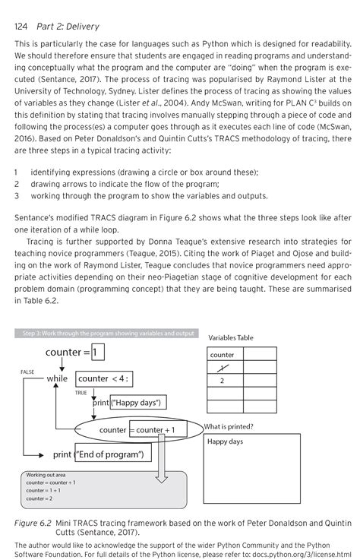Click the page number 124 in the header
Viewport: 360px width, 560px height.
tap(24, 27)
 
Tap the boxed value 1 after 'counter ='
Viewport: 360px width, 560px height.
tap(98, 352)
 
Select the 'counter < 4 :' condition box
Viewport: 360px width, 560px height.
tap(104, 378)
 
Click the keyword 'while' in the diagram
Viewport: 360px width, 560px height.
tap(57, 378)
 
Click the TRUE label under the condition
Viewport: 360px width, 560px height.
tap(81, 392)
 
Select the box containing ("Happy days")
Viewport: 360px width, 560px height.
tap(138, 402)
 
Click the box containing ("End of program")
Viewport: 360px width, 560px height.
tap(113, 454)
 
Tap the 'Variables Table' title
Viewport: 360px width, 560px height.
tap(230, 337)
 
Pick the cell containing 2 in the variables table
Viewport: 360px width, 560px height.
tap(222, 381)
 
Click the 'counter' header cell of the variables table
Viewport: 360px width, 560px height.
tap(222, 355)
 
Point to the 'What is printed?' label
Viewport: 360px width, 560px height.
tap(229, 426)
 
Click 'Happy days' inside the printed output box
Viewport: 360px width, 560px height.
tap(225, 441)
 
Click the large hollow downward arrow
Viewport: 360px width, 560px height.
tap(160, 467)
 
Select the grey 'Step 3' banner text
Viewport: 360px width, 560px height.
tap(106, 333)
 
